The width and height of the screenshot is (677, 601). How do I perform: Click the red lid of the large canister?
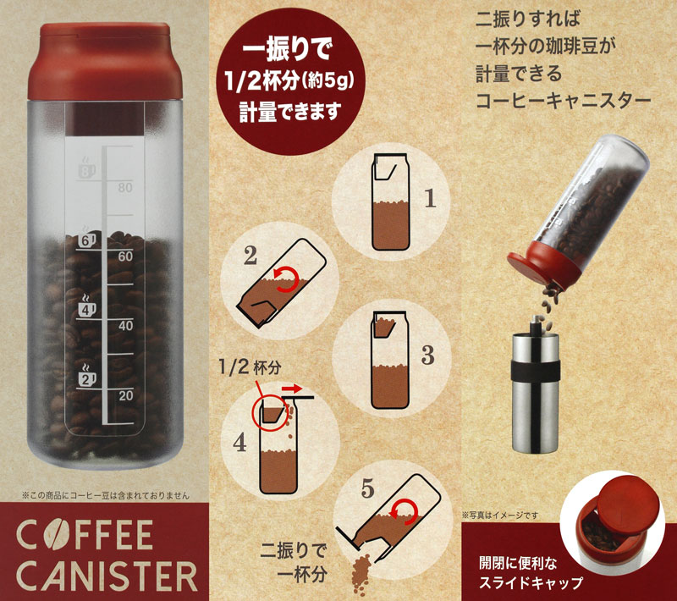[105, 61]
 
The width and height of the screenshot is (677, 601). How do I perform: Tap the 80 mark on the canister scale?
[125, 187]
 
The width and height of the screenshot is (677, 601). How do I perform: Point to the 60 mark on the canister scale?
[125, 256]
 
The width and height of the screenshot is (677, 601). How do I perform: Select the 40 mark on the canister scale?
[125, 326]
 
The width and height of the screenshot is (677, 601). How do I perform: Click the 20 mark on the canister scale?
[125, 395]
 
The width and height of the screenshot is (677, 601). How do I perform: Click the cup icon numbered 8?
[87, 168]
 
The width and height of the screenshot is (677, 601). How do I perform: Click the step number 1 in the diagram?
[430, 199]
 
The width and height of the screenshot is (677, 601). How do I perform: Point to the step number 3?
[427, 355]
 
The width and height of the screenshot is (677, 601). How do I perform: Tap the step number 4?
[239, 443]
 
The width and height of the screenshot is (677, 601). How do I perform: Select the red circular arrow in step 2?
[287, 279]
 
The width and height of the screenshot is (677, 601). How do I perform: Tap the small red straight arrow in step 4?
[292, 389]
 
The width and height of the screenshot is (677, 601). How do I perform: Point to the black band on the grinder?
[536, 371]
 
